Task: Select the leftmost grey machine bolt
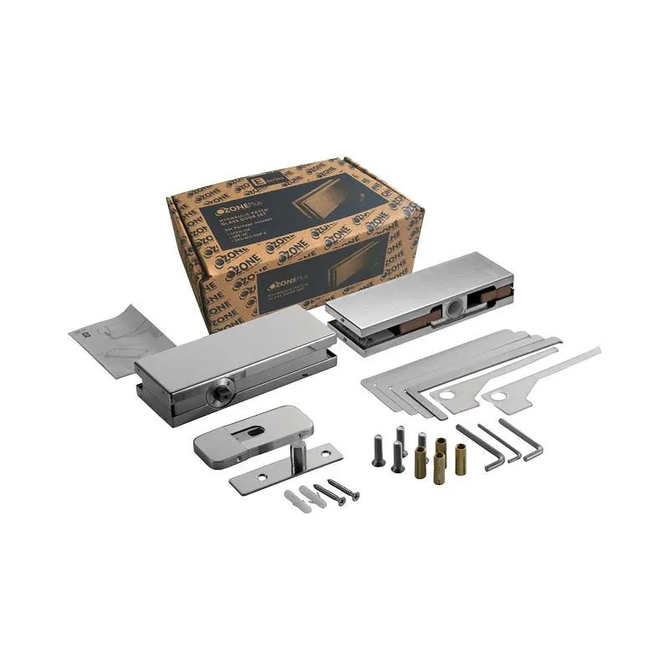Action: tap(377, 451)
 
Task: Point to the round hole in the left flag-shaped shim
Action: tap(448, 394)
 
